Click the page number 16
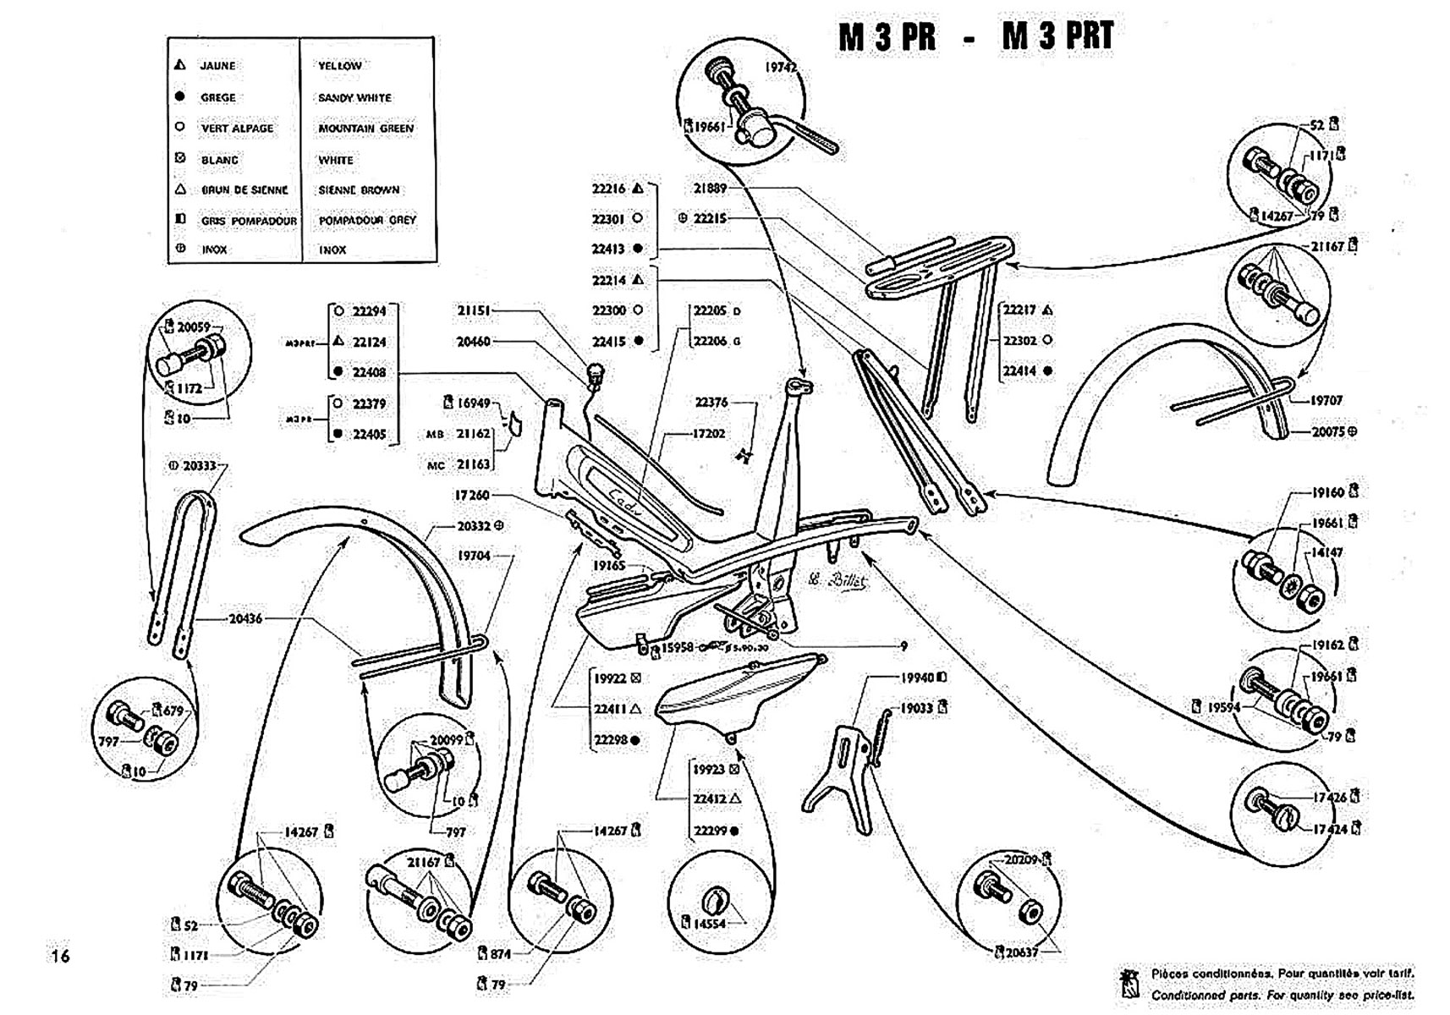click(x=60, y=956)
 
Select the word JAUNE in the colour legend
click(x=217, y=66)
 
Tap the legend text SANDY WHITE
click(x=354, y=98)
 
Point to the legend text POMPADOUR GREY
click(x=367, y=220)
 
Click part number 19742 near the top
click(x=781, y=68)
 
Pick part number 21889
click(x=710, y=189)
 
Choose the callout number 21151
click(x=473, y=310)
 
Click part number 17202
click(x=709, y=434)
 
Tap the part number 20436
click(x=245, y=618)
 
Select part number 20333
click(x=200, y=465)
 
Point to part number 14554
click(x=709, y=924)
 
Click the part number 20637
click(x=1021, y=952)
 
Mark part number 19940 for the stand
click(x=916, y=678)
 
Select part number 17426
click(x=1329, y=797)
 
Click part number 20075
click(x=1327, y=431)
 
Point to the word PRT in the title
click(x=1081, y=36)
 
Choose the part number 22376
click(x=711, y=403)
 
